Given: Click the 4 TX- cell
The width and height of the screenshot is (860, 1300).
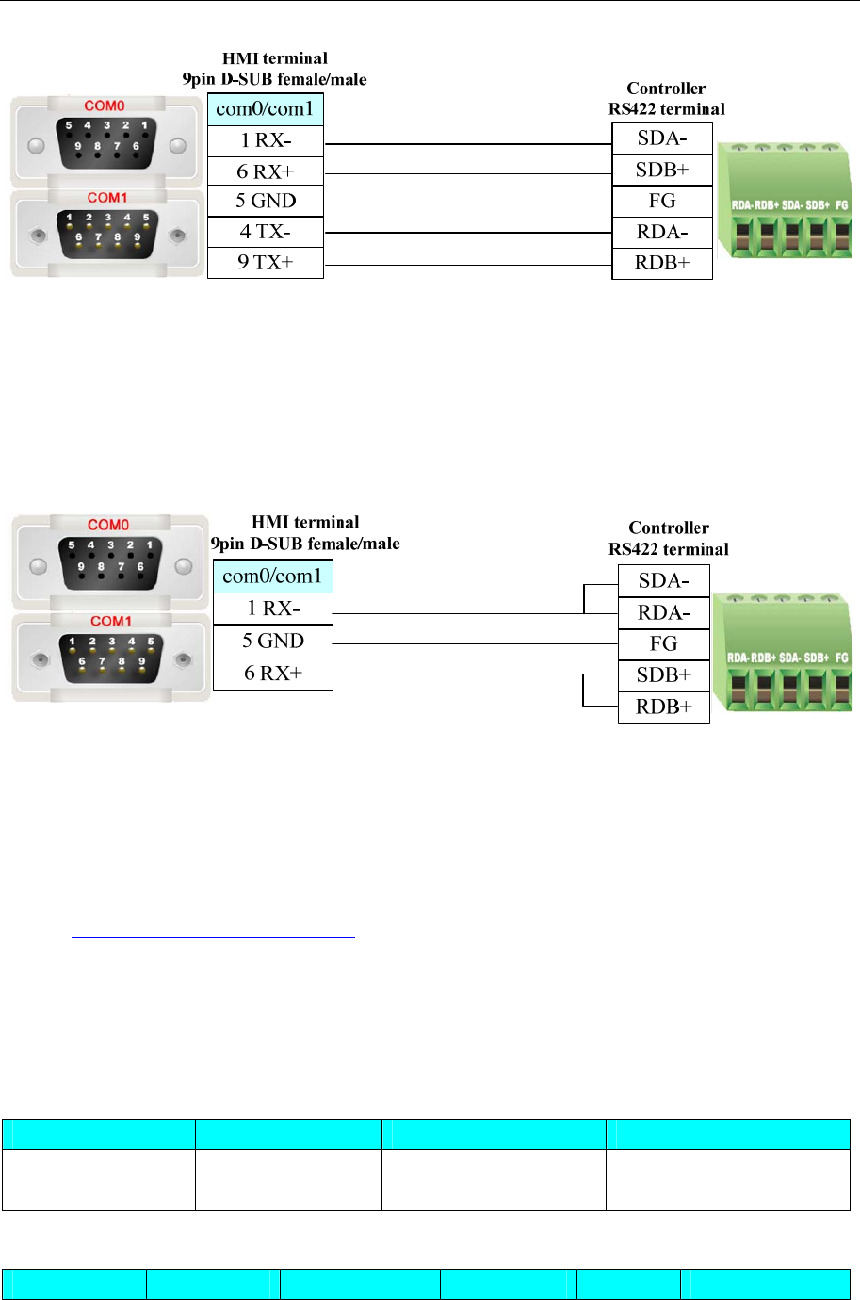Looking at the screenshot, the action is (x=265, y=232).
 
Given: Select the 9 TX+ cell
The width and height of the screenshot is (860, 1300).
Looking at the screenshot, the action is (x=265, y=262).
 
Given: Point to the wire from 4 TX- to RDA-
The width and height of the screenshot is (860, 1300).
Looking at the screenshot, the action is (x=467, y=233).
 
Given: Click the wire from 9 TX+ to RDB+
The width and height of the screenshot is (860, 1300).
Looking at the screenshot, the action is (x=467, y=266).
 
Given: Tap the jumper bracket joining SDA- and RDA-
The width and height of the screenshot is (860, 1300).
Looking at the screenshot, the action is (x=586, y=599).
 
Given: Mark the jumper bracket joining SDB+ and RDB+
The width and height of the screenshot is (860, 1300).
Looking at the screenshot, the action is (x=586, y=691).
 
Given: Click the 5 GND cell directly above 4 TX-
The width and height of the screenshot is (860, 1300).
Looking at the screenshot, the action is (x=265, y=201).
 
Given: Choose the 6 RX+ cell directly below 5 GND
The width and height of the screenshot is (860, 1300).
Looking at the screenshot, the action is (x=273, y=674).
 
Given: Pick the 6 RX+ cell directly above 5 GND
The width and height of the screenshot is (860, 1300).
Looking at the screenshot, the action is (x=265, y=171).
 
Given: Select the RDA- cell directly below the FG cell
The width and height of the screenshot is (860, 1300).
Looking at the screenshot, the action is (x=661, y=232).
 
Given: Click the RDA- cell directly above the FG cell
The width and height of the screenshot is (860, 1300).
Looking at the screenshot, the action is (x=663, y=613).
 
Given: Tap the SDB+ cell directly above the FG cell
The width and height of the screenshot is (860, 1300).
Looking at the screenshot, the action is (x=661, y=170).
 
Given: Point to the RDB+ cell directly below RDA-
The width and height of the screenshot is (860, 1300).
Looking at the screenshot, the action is (x=661, y=263).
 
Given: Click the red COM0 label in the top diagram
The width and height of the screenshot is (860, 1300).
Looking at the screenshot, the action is (x=105, y=106).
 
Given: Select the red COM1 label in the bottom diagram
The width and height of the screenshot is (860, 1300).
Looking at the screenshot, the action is (x=110, y=621).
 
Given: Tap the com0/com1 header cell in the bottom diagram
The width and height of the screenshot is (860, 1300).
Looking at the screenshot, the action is (x=272, y=576).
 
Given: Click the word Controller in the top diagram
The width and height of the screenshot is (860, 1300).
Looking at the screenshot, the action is (x=666, y=89).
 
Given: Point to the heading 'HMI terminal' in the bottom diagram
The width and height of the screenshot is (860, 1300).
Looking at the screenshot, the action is (x=305, y=522).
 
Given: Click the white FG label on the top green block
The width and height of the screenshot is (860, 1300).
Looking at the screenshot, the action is (x=841, y=204).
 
